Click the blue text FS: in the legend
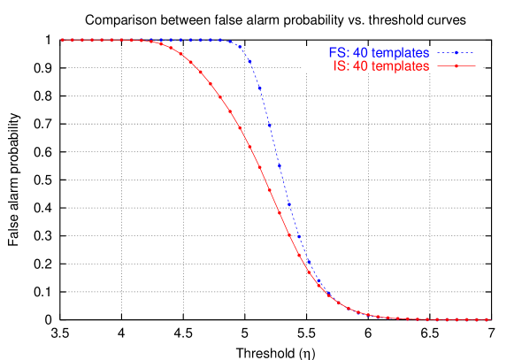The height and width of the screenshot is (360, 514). pos(339,53)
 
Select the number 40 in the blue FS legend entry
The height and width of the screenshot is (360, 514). pos(360,53)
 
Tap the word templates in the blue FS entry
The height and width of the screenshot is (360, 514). pos(400,53)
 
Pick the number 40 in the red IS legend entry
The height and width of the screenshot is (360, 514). pos(360,66)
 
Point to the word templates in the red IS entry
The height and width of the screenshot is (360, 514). pos(400,66)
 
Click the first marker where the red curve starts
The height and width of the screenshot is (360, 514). pos(62,40)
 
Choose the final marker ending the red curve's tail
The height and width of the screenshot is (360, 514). pos(487,319)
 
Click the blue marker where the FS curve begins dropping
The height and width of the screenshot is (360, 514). pos(249,61)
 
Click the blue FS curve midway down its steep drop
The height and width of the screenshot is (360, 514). pos(280,165)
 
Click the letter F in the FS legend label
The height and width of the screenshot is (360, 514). pos(332,53)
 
